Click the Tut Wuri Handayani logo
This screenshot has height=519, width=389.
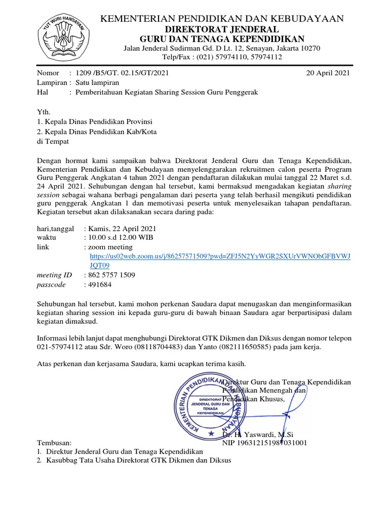click(65, 36)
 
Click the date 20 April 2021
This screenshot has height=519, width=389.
click(328, 73)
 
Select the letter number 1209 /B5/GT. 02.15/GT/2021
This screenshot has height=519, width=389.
click(122, 73)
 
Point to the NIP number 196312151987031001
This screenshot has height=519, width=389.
click(265, 442)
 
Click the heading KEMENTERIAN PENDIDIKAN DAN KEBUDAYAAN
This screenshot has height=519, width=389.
click(223, 19)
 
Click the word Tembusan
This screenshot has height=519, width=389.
click(55, 442)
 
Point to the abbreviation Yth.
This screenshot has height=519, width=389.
click(44, 112)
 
